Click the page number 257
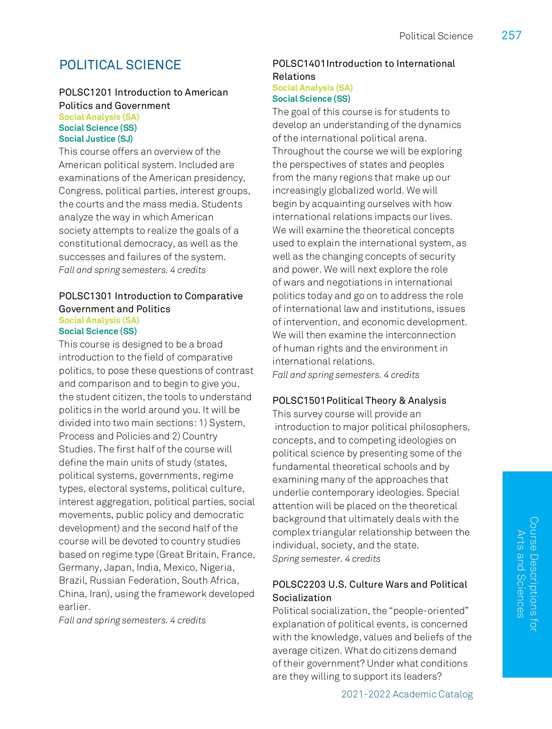tap(511, 36)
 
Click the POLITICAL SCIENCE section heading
tap(120, 65)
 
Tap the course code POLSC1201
tap(85, 92)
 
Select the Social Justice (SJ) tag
tap(96, 139)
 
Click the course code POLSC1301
tap(85, 296)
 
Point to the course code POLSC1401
tap(299, 64)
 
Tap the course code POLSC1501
tap(299, 401)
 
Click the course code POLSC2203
tap(299, 584)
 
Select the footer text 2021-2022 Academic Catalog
tap(407, 694)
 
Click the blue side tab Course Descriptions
tap(527, 574)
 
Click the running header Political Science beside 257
tap(436, 36)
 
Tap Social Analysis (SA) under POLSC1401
tap(312, 88)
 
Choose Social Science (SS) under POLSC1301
tap(98, 331)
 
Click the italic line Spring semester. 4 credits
tap(326, 559)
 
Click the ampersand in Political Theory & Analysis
tap(402, 401)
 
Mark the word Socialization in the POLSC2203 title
tap(302, 598)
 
